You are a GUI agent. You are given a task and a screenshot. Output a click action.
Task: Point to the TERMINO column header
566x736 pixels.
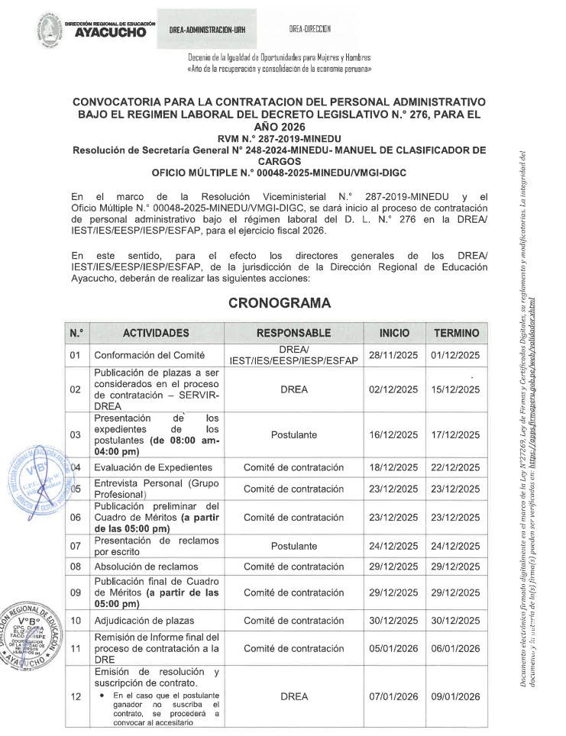tap(457, 333)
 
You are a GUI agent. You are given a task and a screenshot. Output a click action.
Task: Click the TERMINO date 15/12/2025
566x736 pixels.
tap(457, 389)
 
